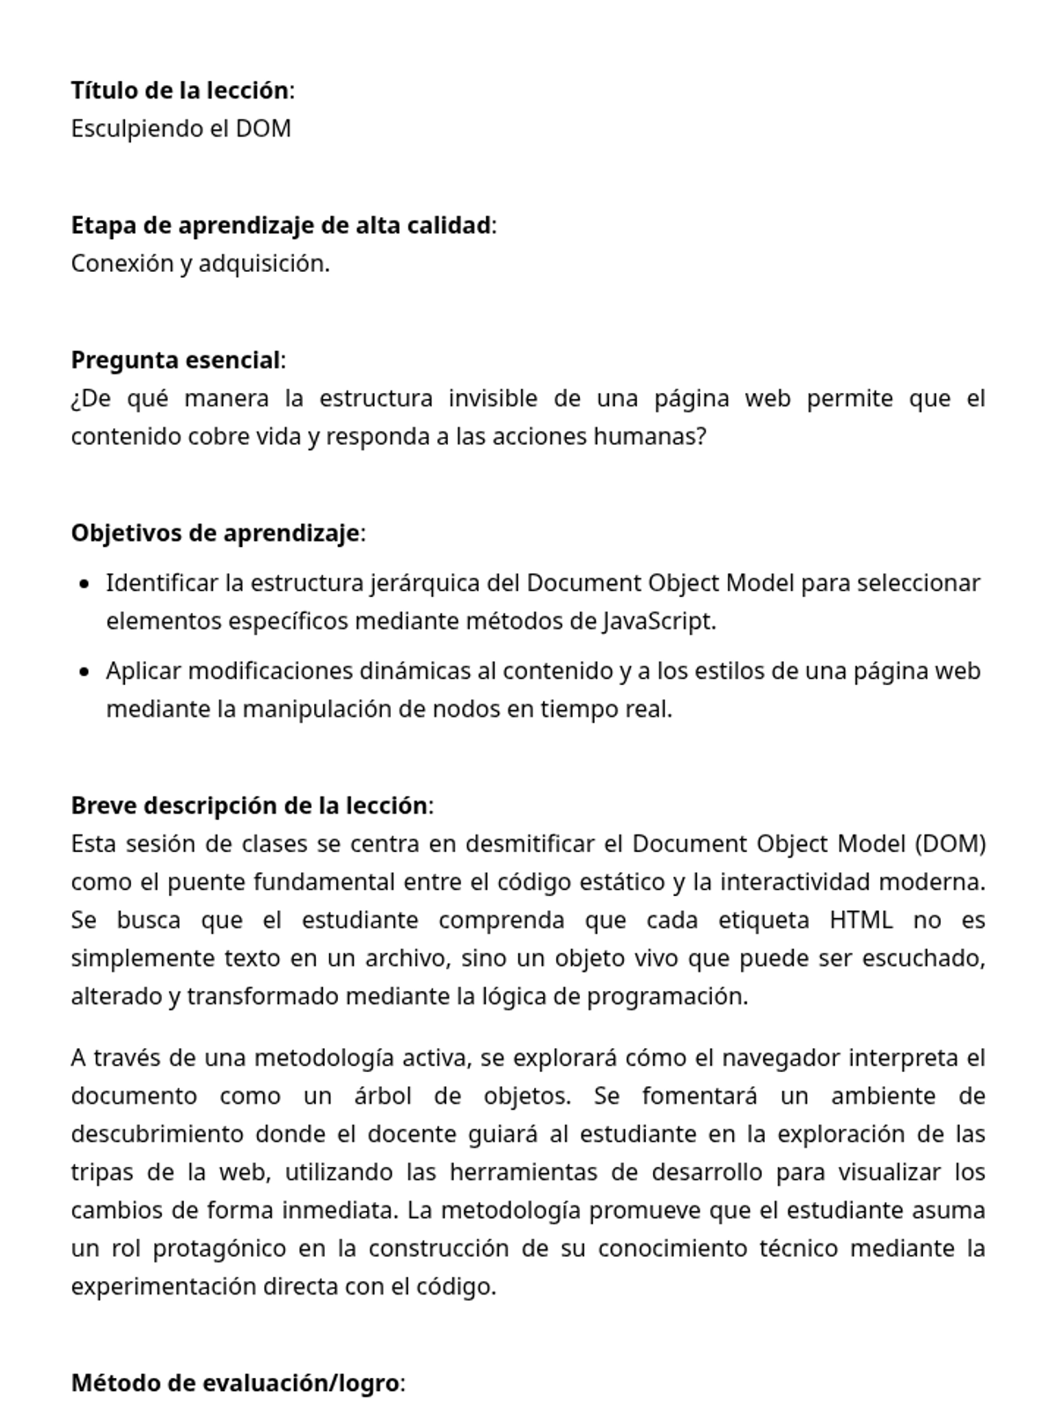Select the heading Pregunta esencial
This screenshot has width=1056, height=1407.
point(176,361)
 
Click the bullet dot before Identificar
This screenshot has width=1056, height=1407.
point(84,584)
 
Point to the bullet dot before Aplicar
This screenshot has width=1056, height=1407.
point(84,672)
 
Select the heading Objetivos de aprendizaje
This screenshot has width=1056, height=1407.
point(216,534)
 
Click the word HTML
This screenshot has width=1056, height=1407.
point(861,921)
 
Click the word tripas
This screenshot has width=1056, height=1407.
point(102,1173)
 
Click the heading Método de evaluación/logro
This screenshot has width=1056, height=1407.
point(235,1384)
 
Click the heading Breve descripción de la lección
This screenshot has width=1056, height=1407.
point(249,806)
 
